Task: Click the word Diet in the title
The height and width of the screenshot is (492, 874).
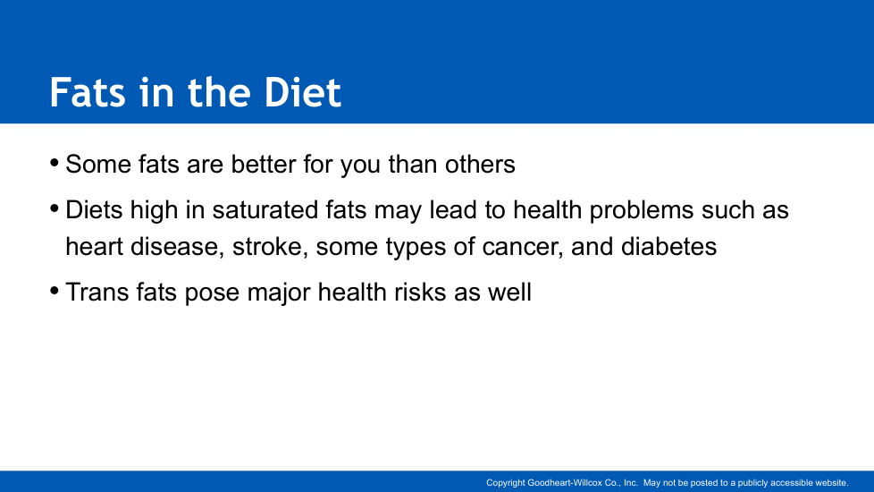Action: point(302,92)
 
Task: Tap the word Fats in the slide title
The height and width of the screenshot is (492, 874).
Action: point(88,92)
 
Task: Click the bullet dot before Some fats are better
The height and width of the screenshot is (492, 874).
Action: point(55,164)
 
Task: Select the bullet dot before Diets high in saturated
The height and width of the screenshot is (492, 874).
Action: point(55,209)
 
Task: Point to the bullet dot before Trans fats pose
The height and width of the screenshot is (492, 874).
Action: point(55,292)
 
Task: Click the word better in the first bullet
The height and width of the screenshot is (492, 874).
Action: point(264,164)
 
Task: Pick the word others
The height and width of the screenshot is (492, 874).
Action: point(480,164)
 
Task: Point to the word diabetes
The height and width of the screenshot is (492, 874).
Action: point(668,247)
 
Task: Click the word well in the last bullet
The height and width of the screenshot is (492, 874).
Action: point(509,292)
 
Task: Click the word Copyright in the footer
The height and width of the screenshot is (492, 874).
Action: point(506,483)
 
